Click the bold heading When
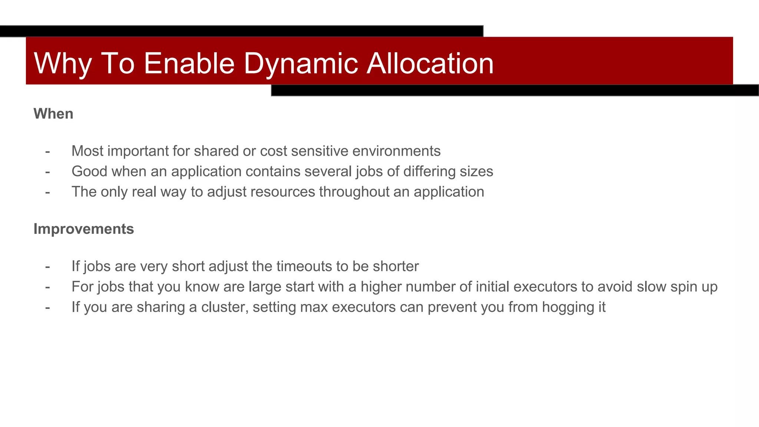point(53,114)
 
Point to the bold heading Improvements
point(84,229)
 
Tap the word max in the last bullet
point(314,307)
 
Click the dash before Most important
point(47,151)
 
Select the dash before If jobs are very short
point(47,267)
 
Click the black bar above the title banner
point(241,31)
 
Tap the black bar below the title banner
point(515,90)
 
